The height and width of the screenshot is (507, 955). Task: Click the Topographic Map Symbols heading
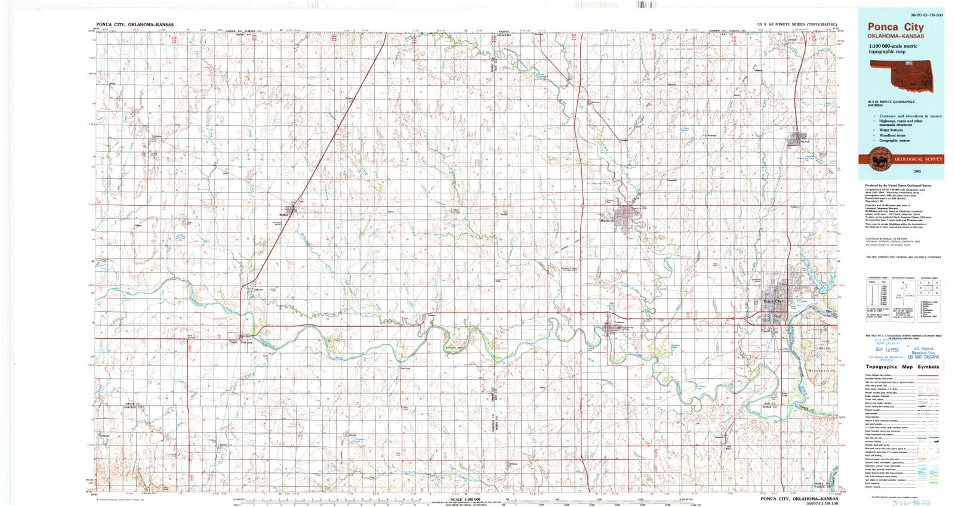902,367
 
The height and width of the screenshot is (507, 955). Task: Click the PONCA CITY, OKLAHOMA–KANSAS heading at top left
135,25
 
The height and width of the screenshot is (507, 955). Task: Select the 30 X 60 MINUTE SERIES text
797,24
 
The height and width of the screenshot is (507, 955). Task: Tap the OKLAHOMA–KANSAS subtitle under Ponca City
895,36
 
